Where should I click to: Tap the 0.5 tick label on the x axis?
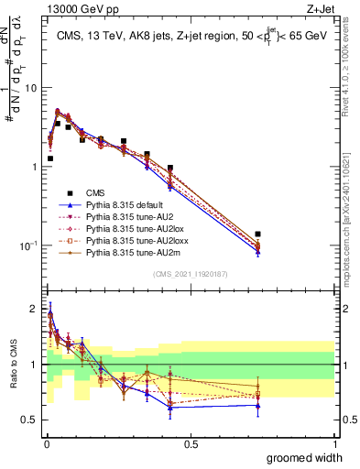(x=191, y=444)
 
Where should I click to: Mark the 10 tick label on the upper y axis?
(x=30, y=88)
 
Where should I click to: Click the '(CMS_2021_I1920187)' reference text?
(x=191, y=273)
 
